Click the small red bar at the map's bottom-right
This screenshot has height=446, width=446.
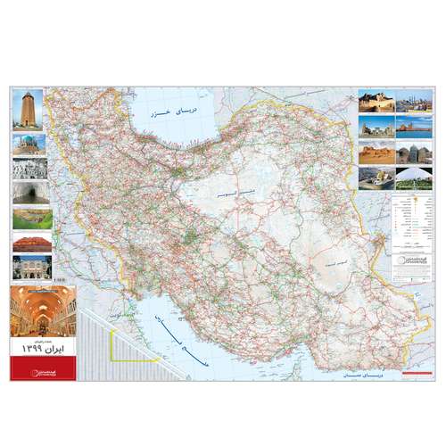pos(414,368)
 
